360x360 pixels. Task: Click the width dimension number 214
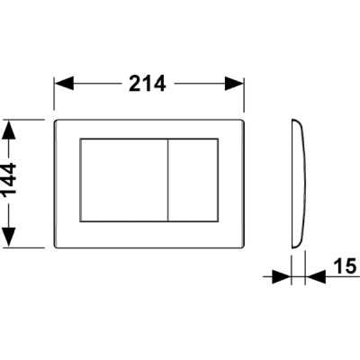pyautogui.click(x=148, y=84)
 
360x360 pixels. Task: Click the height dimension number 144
pyautogui.click(x=9, y=181)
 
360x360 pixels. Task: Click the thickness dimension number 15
pyautogui.click(x=345, y=266)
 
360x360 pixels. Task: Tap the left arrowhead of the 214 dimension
pyautogui.click(x=64, y=84)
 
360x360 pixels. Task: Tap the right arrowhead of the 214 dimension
pyautogui.click(x=234, y=84)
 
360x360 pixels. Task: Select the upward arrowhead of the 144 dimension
pyautogui.click(x=9, y=130)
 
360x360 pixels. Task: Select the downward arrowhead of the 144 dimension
pyautogui.click(x=9, y=238)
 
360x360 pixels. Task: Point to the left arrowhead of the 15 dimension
pyautogui.click(x=282, y=276)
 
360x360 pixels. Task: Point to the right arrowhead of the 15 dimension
pyautogui.click(x=316, y=276)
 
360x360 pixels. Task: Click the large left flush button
pyautogui.click(x=123, y=180)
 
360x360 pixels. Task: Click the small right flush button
pyautogui.click(x=193, y=180)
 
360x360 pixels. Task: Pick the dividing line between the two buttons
pyautogui.click(x=168, y=180)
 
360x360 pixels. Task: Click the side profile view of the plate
pyautogui.click(x=299, y=184)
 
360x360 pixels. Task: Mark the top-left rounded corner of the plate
pyautogui.click(x=56, y=121)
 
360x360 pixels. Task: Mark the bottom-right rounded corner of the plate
pyautogui.click(x=242, y=247)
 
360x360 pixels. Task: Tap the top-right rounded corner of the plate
pyautogui.click(x=242, y=121)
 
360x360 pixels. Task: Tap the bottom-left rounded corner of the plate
pyautogui.click(x=56, y=247)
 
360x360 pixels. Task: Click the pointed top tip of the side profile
pyautogui.click(x=293, y=120)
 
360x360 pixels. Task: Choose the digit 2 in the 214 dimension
pyautogui.click(x=135, y=84)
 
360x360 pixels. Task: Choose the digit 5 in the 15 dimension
pyautogui.click(x=350, y=266)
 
